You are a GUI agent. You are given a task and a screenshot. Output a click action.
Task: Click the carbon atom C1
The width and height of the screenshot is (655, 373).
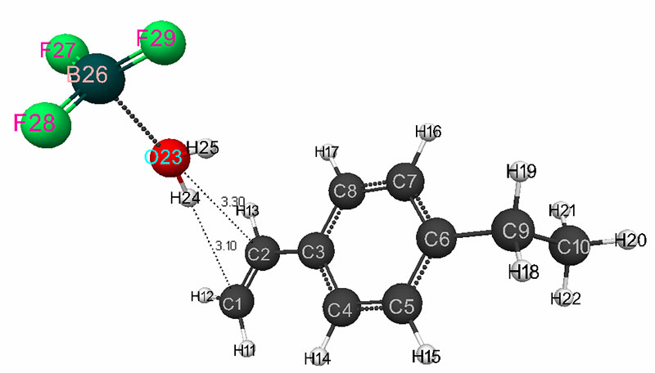[236, 303]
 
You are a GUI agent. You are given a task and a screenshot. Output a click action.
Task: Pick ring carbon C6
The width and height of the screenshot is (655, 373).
[439, 240]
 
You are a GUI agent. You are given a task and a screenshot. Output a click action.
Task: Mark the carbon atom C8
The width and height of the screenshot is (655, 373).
[346, 192]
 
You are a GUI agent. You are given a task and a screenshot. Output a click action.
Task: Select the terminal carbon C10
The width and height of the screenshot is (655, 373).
[571, 246]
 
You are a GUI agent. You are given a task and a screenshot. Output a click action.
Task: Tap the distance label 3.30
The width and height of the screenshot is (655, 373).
[233, 201]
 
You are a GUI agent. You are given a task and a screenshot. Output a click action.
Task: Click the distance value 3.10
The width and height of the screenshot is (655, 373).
[226, 245]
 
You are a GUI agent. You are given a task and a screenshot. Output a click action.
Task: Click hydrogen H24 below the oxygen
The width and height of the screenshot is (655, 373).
[187, 199]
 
